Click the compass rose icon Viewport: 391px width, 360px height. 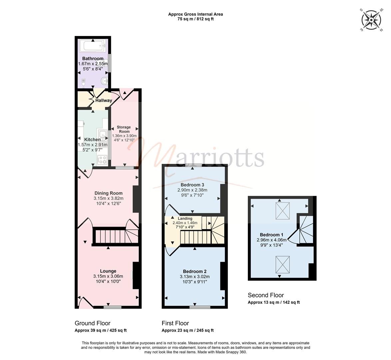point(371,20)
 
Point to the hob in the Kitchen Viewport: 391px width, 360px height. point(102,160)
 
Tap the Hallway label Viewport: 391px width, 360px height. point(104,100)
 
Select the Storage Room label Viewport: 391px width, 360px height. point(124,129)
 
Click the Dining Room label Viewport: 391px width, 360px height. point(109,193)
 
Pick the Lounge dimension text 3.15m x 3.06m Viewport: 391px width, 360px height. point(108,276)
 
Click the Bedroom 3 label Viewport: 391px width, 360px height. point(192,185)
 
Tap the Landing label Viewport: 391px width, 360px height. point(185,218)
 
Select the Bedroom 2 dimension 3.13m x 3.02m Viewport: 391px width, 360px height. point(195,277)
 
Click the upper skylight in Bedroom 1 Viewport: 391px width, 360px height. point(282,211)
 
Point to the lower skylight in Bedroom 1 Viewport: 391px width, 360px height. point(282,265)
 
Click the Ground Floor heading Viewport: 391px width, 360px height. point(93,323)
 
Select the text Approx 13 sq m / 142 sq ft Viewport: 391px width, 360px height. point(274,302)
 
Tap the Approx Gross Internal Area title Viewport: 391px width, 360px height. point(195,14)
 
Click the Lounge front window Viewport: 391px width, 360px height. point(113,307)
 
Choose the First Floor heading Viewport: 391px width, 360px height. point(175,323)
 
